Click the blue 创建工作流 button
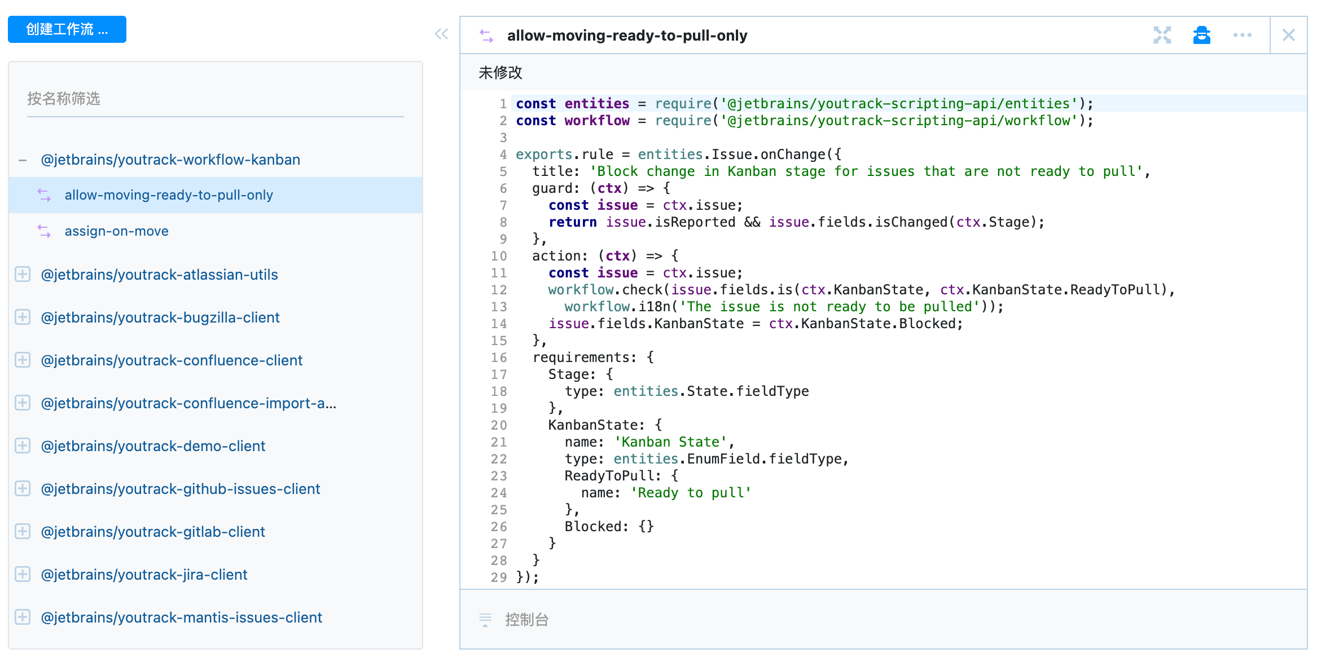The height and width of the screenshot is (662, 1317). pyautogui.click(x=67, y=29)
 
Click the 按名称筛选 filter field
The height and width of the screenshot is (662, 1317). pyautogui.click(x=215, y=99)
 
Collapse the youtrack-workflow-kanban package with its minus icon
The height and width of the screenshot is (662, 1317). pyautogui.click(x=23, y=160)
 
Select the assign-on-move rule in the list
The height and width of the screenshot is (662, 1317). pyautogui.click(x=116, y=231)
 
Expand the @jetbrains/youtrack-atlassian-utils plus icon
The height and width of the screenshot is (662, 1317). pyautogui.click(x=23, y=275)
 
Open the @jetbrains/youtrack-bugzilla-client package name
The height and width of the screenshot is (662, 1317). pyautogui.click(x=160, y=317)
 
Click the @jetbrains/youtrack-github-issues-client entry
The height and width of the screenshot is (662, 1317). pyautogui.click(x=181, y=489)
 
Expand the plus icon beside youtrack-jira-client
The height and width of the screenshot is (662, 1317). pyautogui.click(x=23, y=575)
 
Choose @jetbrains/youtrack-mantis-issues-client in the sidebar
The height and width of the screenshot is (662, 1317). pyautogui.click(x=182, y=617)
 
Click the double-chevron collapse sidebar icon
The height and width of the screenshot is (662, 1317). pyautogui.click(x=441, y=34)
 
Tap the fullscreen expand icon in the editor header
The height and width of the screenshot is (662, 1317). pyautogui.click(x=1162, y=35)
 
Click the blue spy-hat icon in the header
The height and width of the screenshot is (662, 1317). pyautogui.click(x=1202, y=35)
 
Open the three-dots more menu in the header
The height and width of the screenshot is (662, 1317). pyautogui.click(x=1243, y=35)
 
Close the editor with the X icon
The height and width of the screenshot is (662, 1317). pyautogui.click(x=1289, y=35)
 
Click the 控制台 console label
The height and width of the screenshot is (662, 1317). pyautogui.click(x=527, y=620)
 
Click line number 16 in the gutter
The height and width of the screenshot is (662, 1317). pyautogui.click(x=499, y=358)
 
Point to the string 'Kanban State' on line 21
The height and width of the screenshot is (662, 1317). pyautogui.click(x=670, y=442)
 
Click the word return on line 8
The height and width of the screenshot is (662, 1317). pyautogui.click(x=573, y=222)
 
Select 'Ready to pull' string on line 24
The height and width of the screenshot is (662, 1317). pyautogui.click(x=691, y=493)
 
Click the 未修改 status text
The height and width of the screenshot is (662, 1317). pyautogui.click(x=501, y=73)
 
